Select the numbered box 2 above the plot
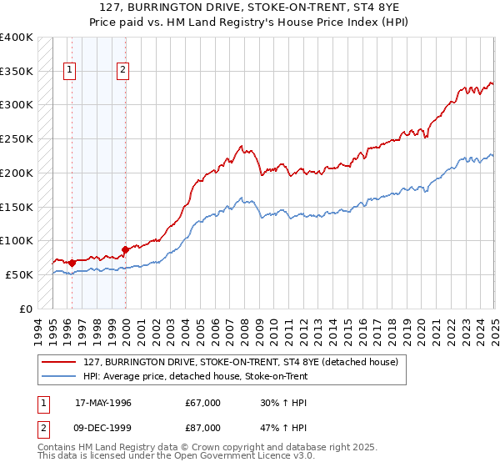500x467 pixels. [122, 70]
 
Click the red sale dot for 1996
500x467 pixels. [72, 263]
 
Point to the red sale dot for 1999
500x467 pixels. [125, 249]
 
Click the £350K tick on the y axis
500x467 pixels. [17, 71]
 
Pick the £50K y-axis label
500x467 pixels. [19, 274]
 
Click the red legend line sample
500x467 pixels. [59, 362]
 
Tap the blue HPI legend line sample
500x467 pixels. [59, 376]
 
